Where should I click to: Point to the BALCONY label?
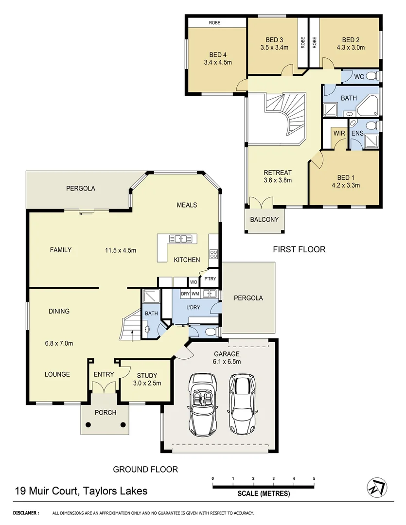point(264,219)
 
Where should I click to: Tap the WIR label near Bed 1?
point(338,133)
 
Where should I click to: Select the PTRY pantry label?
point(210,279)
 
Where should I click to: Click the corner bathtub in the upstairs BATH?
point(371,103)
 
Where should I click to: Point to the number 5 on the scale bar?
point(314,478)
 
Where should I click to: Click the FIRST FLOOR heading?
point(299,249)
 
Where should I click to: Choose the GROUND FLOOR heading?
point(145,469)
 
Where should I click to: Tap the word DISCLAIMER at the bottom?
point(25,513)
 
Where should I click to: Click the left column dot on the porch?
point(88,424)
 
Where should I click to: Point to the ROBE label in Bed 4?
point(215,22)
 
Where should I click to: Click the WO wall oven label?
point(193,282)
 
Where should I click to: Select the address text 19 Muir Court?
point(47,491)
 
